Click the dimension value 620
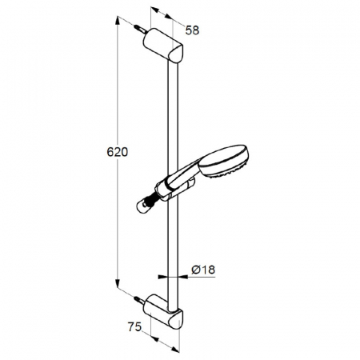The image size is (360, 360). [118, 152]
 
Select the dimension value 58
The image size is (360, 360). [192, 30]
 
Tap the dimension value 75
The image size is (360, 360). [134, 327]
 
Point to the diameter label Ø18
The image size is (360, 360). [203, 270]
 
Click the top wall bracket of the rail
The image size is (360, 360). [163, 46]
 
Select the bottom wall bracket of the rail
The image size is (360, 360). [163, 311]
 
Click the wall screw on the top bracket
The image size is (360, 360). [140, 29]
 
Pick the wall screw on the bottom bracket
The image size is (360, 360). [140, 300]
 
